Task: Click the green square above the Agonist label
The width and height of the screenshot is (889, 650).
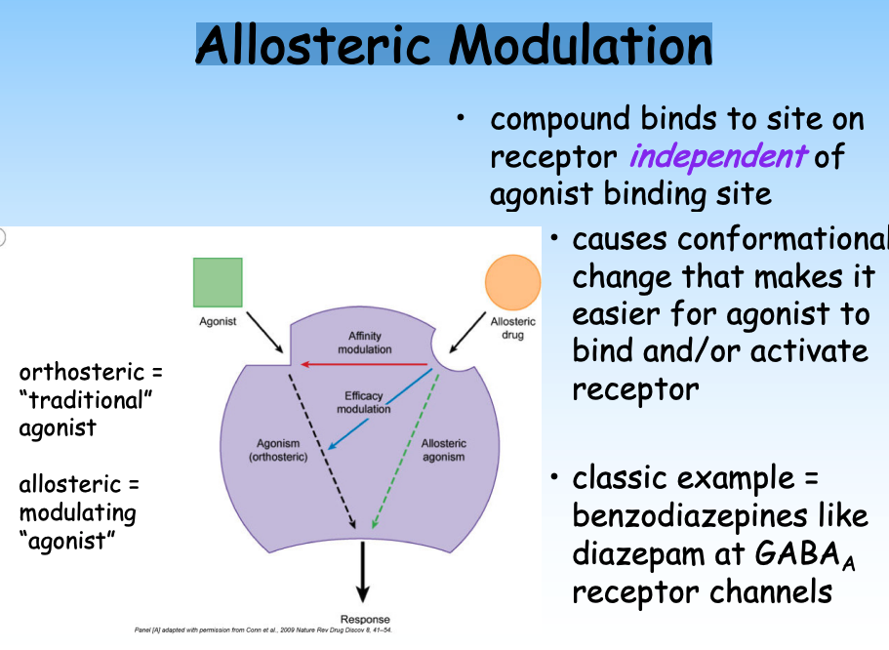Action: tap(217, 283)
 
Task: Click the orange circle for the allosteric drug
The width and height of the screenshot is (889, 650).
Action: tap(512, 283)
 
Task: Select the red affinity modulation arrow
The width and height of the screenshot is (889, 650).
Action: tap(366, 364)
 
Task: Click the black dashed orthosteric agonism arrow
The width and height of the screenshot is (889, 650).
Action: tap(322, 439)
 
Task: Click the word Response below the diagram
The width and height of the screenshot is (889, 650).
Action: tap(364, 619)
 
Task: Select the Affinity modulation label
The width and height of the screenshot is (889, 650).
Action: tap(364, 343)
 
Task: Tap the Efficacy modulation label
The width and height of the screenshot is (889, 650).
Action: tap(363, 403)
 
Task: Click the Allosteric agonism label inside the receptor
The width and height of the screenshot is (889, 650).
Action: tap(443, 450)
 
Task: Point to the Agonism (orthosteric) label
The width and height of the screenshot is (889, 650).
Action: tap(278, 451)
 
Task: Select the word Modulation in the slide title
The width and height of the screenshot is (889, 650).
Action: tap(584, 45)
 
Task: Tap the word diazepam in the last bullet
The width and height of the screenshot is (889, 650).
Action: tap(649, 554)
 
